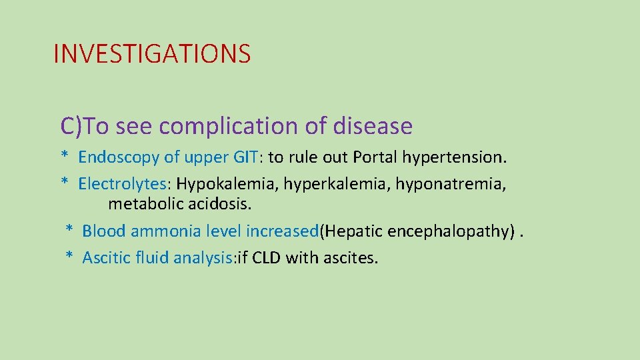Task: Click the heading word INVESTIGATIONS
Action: coord(152,54)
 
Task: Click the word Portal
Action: coord(377,157)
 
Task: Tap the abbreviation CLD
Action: coord(267,257)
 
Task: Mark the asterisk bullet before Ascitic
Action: coord(69,257)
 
